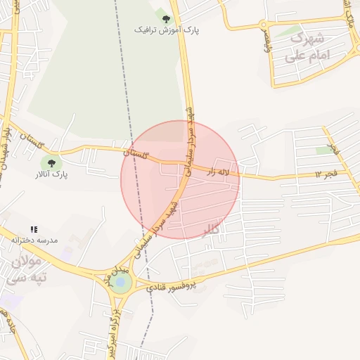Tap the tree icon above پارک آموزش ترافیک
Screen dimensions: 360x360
point(166,19)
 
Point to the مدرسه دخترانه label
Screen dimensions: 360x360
point(34,240)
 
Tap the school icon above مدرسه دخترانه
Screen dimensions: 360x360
point(34,229)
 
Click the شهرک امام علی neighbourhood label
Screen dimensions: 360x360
point(308,46)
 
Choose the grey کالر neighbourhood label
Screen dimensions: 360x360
point(210,230)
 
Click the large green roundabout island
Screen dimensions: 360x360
point(121,283)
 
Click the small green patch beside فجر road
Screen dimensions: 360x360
point(324,150)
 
